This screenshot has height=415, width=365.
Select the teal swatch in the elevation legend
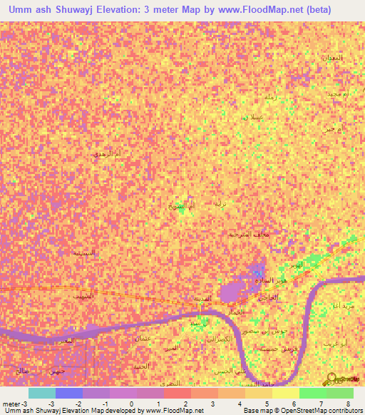click(42, 393)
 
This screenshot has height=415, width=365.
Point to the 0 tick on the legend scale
click(131, 404)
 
